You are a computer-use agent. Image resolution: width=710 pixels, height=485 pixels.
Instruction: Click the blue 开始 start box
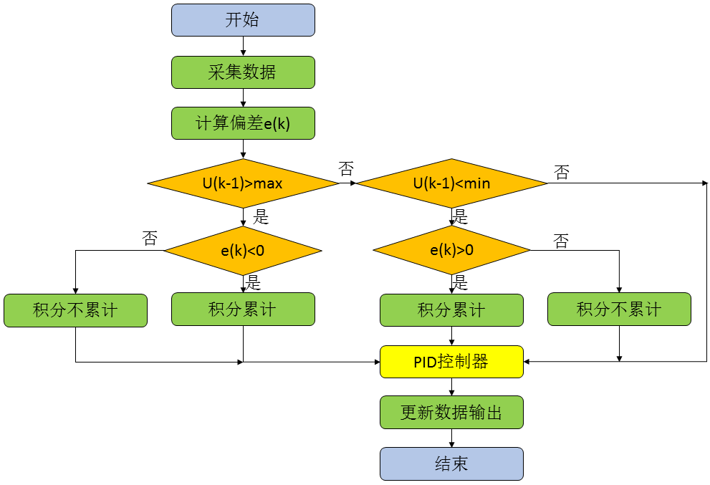(x=243, y=20)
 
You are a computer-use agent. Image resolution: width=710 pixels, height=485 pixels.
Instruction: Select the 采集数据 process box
(x=243, y=72)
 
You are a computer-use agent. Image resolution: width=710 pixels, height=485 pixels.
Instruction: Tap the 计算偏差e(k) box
(x=243, y=123)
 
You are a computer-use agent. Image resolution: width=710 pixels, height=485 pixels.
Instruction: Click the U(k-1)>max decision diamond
(x=243, y=183)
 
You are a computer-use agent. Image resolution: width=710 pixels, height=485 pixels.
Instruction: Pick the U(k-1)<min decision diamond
(x=452, y=183)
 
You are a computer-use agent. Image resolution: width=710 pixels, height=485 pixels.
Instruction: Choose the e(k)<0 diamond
(x=243, y=251)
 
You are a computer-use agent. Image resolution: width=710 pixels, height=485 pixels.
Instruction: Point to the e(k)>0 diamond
(x=452, y=251)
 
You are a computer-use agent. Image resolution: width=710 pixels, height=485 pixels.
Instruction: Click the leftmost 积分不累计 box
(x=75, y=310)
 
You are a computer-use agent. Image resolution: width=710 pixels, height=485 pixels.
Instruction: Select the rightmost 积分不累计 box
(x=619, y=309)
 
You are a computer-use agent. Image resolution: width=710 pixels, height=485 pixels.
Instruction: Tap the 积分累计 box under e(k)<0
(x=243, y=309)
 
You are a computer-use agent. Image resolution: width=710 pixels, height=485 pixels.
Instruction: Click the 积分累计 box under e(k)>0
(x=451, y=309)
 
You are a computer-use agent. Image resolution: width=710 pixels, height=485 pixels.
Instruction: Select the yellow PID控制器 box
(x=451, y=362)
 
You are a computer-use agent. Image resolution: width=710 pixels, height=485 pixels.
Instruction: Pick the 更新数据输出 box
(x=451, y=413)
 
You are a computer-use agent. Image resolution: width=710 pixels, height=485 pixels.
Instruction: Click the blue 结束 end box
(x=451, y=464)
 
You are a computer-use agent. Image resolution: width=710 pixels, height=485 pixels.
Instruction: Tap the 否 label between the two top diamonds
(x=346, y=169)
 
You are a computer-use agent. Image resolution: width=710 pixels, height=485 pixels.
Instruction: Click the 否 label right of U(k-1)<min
(x=562, y=172)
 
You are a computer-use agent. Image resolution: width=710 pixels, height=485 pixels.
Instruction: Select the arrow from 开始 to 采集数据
(x=243, y=46)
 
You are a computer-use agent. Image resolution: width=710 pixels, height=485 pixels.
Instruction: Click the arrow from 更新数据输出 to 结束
(x=451, y=438)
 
